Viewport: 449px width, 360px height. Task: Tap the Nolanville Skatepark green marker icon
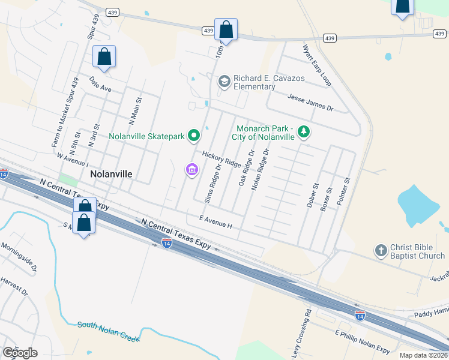[x=194, y=137]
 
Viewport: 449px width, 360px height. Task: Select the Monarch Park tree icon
[x=304, y=132]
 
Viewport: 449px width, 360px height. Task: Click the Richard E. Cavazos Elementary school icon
[x=224, y=81]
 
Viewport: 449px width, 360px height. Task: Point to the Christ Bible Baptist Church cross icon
[x=380, y=250]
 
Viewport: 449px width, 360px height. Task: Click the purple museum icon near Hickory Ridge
[x=191, y=170]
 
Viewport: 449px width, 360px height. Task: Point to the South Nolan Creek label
[x=109, y=332]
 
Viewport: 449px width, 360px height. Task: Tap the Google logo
[x=20, y=353]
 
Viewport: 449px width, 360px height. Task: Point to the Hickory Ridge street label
[x=221, y=159]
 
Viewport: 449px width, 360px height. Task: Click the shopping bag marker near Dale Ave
[x=104, y=57]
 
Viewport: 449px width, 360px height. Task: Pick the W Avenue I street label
[x=72, y=160]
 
